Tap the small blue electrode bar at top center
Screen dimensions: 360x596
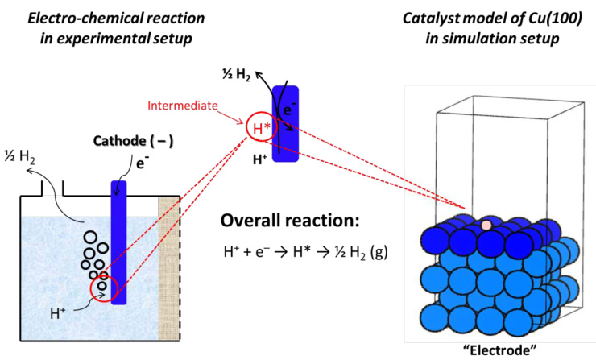click(286, 124)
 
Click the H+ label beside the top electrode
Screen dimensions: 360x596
click(260, 158)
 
